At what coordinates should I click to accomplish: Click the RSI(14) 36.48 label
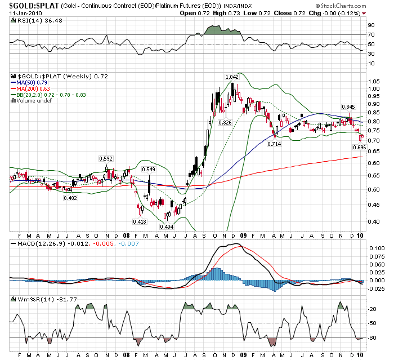pos(32,21)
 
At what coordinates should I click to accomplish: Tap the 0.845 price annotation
pos(348,106)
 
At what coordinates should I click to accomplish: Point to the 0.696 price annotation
pos(359,147)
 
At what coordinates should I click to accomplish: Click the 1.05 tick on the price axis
pos(373,88)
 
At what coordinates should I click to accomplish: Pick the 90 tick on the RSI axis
pos(371,25)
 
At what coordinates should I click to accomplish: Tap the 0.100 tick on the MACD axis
pos(375,248)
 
